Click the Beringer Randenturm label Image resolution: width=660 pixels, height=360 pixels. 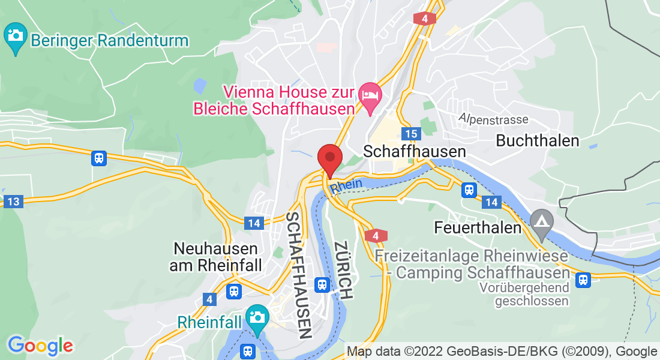110,41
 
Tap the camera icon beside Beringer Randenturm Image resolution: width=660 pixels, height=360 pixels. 15,35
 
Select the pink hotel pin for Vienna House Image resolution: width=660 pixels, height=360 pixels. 368,97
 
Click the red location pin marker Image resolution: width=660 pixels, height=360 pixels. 329,159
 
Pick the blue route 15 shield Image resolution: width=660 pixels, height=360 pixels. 411,134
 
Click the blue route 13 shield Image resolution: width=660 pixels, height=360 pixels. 13,202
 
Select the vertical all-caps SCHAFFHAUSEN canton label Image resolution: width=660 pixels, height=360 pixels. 299,275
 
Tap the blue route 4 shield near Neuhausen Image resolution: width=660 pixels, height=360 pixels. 209,299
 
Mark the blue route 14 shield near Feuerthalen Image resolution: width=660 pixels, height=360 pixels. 491,202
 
